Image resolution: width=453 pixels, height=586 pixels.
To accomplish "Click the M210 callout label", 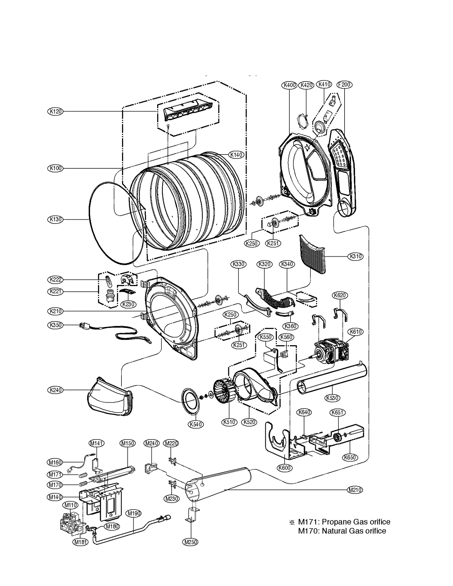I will point(354,490).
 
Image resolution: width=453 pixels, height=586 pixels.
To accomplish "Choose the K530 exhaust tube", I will point(331,379).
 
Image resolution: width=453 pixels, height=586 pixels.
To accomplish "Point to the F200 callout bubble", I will point(344,84).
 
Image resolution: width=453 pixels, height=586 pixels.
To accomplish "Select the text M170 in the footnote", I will point(305,531).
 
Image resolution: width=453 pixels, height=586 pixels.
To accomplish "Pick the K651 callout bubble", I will point(337,412).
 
